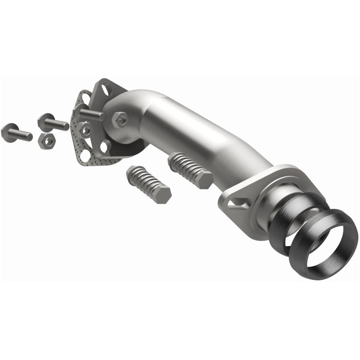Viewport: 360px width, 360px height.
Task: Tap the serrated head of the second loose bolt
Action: tap(45, 120)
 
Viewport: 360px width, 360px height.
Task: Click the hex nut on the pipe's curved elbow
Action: tap(121, 119)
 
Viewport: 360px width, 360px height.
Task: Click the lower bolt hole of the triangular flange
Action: tap(106, 146)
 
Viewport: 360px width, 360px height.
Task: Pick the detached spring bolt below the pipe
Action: tap(147, 184)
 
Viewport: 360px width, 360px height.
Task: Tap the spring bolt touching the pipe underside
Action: tap(189, 170)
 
